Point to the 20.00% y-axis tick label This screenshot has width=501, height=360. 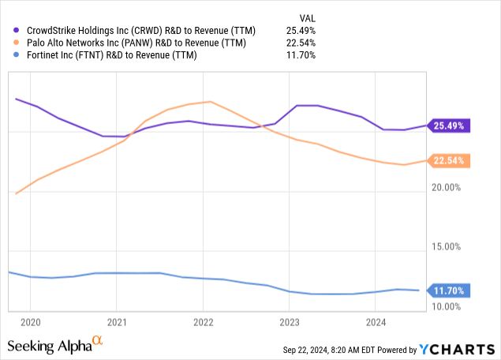click(x=453, y=187)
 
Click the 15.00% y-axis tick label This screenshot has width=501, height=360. click(x=453, y=246)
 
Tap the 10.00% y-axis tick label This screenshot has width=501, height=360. click(x=453, y=306)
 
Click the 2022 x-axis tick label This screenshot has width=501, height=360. click(x=203, y=321)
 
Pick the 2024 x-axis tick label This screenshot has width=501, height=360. click(x=376, y=321)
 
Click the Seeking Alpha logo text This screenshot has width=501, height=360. click(x=47, y=346)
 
